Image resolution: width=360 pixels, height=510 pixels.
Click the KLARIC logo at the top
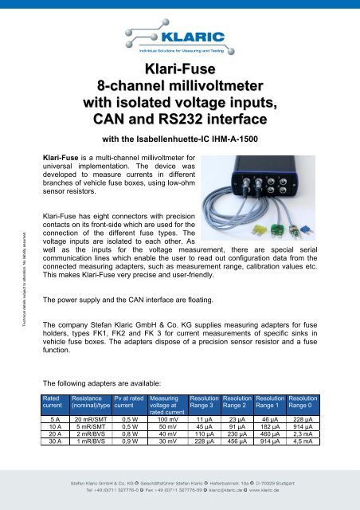click(179, 38)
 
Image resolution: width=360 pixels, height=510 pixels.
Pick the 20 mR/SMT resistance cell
click(90, 418)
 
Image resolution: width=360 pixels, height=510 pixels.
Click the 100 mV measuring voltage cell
click(168, 418)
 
